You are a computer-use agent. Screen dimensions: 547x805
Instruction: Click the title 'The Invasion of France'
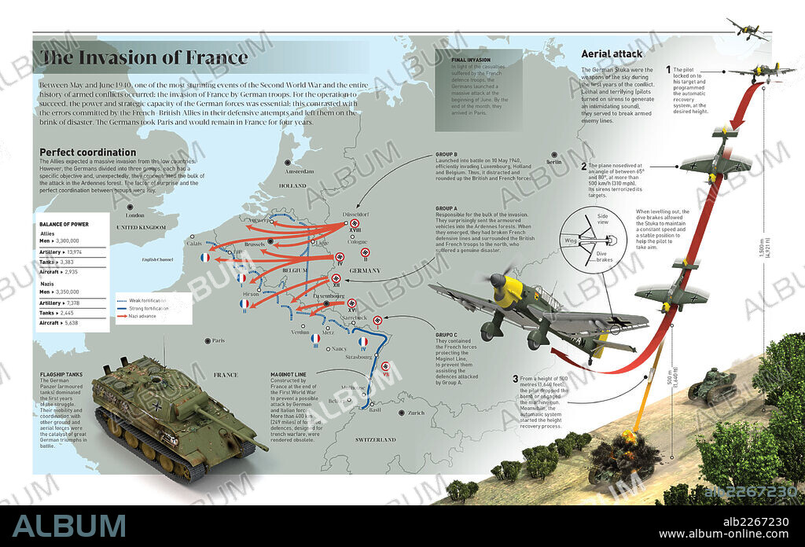coord(144,57)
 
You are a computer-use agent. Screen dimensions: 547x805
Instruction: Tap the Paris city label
coord(216,340)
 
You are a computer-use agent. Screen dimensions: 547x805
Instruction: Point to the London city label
coord(135,215)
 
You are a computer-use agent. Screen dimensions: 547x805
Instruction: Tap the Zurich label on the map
coord(416,413)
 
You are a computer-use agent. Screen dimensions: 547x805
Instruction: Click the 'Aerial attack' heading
coord(612,54)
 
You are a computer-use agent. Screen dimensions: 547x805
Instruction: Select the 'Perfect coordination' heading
coord(87,152)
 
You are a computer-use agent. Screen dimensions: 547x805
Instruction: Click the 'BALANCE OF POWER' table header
coord(64,224)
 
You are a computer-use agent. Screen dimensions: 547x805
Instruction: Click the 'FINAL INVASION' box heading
coord(470,59)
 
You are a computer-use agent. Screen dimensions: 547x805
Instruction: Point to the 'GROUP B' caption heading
coord(447,155)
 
